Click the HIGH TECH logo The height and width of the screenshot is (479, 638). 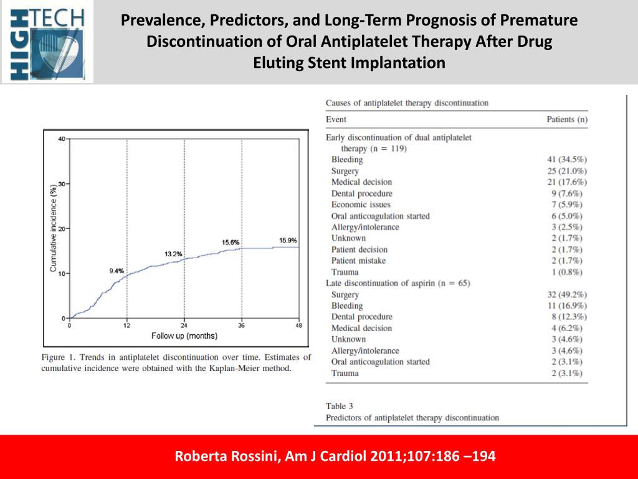[x=47, y=42]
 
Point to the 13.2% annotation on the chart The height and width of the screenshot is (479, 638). [x=173, y=254]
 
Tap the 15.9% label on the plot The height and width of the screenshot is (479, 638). [x=288, y=240]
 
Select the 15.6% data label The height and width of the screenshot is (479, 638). [x=231, y=242]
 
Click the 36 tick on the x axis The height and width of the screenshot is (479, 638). [x=242, y=326]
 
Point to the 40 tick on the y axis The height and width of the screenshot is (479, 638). [x=62, y=138]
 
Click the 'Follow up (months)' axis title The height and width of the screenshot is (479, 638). [x=184, y=336]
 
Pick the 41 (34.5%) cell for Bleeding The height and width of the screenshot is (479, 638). [x=566, y=160]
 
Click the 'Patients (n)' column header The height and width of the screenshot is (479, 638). [x=567, y=119]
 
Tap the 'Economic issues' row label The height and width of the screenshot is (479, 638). [x=361, y=205]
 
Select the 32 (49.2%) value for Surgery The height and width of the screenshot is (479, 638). [x=566, y=294]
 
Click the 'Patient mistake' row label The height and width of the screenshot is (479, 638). [x=358, y=261]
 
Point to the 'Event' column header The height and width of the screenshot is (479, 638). [x=336, y=119]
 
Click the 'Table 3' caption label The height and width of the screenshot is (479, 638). [x=340, y=406]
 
